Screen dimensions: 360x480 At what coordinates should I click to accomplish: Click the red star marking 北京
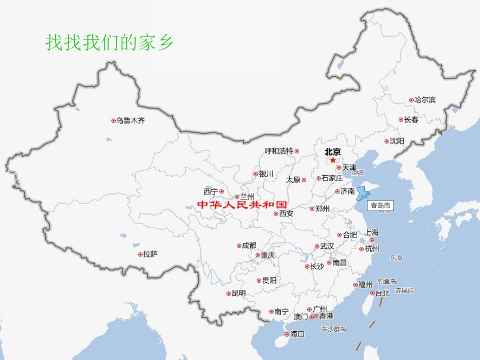(333, 160)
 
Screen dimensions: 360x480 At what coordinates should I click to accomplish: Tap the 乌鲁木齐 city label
(130, 121)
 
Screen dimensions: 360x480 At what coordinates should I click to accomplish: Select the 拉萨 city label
(151, 254)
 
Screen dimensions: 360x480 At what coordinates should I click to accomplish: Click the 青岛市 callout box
(380, 205)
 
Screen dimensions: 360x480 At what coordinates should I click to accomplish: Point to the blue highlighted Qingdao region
(362, 193)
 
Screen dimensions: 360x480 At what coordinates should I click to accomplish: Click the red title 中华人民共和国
(242, 204)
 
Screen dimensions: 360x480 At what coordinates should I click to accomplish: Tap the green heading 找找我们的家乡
(110, 42)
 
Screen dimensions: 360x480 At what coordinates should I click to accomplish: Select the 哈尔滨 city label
(424, 100)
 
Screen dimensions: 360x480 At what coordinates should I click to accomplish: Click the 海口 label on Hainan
(298, 334)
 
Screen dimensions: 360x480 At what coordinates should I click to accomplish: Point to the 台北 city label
(382, 293)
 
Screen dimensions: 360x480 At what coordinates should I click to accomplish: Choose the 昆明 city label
(238, 293)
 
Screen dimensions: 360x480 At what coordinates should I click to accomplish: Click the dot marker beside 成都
(238, 246)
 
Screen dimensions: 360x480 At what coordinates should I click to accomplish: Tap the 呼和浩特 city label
(279, 151)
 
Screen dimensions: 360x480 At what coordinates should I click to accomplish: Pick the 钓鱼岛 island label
(387, 281)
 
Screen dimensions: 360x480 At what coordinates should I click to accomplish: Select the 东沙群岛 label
(333, 329)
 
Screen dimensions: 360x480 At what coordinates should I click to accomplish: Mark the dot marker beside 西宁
(221, 191)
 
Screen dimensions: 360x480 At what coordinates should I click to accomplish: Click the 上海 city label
(371, 233)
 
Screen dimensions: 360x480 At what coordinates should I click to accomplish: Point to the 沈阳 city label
(397, 141)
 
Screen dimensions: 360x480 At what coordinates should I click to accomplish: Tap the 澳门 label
(301, 317)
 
